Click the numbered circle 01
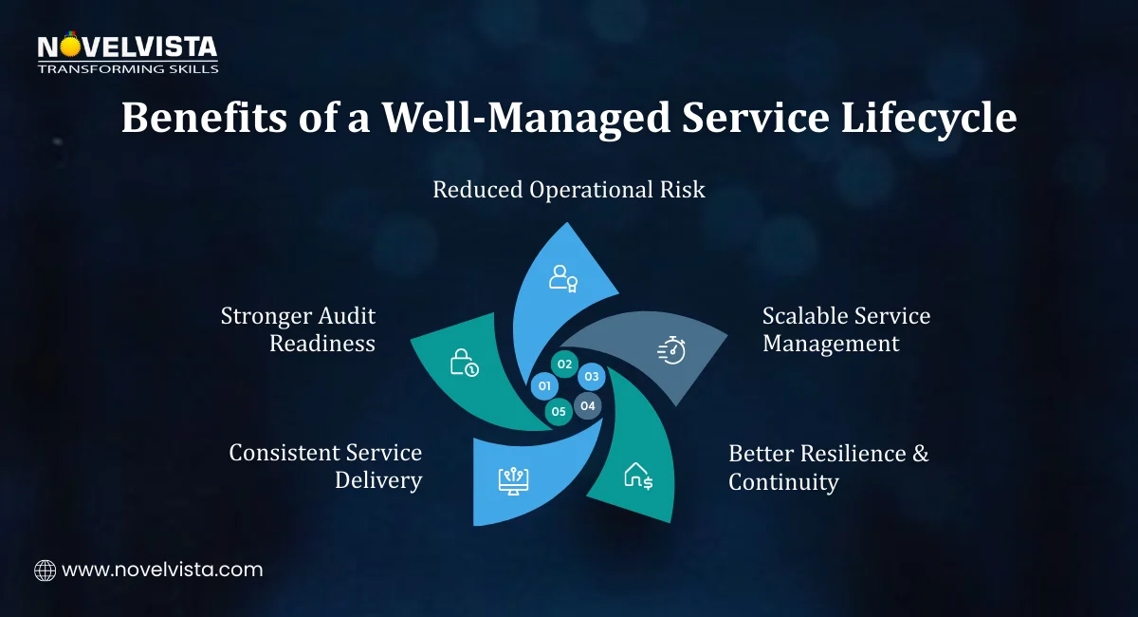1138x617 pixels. tap(544, 386)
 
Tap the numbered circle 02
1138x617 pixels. tap(564, 365)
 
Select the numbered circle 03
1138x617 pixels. tap(592, 377)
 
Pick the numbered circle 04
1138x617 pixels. tap(588, 406)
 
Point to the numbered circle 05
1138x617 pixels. tap(559, 411)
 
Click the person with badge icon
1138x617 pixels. tap(563, 277)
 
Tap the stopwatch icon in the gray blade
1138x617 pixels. tap(671, 349)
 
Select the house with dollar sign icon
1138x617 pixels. tap(637, 476)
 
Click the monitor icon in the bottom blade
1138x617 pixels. tap(513, 478)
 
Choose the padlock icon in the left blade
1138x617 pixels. tap(463, 363)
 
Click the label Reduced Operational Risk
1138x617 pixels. tap(569, 190)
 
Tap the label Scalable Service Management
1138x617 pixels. tap(846, 329)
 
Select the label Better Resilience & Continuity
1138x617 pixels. tap(828, 467)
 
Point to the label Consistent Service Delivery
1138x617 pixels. tap(326, 466)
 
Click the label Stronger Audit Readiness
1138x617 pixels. tap(299, 329)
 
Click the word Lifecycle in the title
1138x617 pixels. tap(924, 120)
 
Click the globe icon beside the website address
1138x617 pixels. tap(45, 570)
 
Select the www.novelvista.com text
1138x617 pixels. tap(162, 570)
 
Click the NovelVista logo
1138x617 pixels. tap(127, 53)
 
